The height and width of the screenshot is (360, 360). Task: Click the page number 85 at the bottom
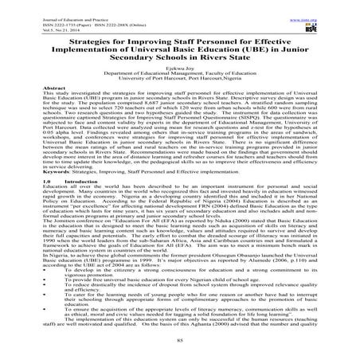[179, 348]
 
